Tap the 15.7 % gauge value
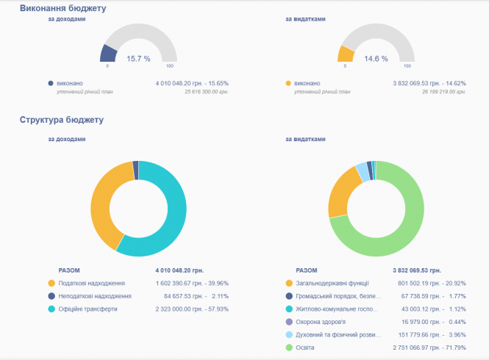point(138,58)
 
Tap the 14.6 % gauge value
point(376,58)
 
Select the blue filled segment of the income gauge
point(109,53)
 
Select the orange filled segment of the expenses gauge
point(346,54)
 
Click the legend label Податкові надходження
point(92,283)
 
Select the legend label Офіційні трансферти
point(88,309)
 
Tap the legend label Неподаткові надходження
point(96,296)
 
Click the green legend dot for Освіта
point(289,347)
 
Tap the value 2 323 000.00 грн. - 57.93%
point(193,309)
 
